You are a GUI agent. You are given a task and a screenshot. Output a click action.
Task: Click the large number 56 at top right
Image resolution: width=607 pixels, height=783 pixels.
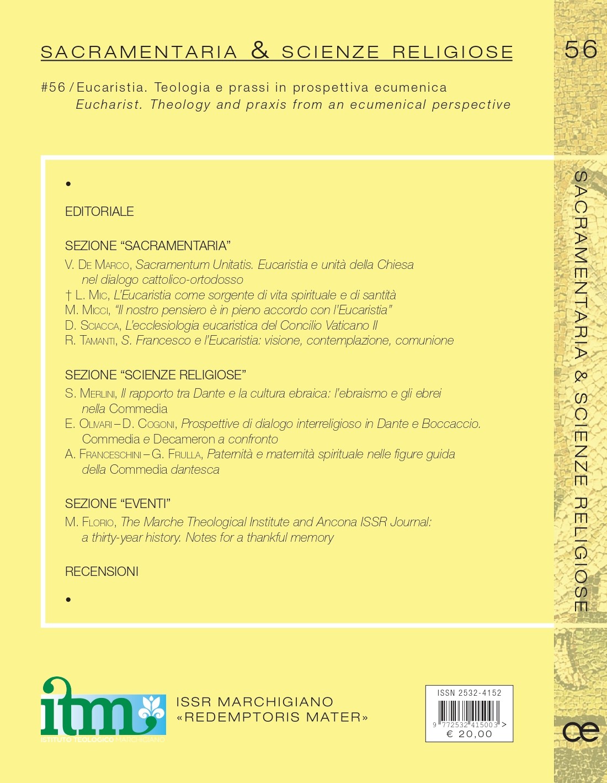coord(581,50)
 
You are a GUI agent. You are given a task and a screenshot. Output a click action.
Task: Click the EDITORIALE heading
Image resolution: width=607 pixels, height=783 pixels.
coord(99,211)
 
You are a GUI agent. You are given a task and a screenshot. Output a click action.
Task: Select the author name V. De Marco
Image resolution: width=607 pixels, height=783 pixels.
coord(97,265)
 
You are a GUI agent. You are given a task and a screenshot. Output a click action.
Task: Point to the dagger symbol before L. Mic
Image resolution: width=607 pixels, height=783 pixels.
coord(68,295)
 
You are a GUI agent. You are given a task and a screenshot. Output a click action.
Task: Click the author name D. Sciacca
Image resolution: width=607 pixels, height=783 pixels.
coord(92,326)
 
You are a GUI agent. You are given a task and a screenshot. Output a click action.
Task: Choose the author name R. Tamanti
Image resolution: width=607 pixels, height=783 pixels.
coord(90,341)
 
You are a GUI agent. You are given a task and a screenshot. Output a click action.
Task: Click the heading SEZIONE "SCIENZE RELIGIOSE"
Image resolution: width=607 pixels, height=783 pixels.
coord(155,375)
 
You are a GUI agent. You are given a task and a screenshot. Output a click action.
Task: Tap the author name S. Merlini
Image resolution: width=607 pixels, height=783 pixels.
coord(90,394)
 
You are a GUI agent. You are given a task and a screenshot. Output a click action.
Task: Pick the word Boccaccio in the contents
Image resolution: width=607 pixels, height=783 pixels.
coord(451,424)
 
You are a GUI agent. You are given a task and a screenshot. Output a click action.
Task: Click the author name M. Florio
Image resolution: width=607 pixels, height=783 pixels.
coord(90,522)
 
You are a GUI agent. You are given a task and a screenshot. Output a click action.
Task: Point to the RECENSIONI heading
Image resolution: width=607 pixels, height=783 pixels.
coord(102,572)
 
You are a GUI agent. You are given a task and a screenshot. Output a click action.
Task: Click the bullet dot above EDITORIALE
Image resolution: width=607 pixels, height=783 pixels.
coord(68,184)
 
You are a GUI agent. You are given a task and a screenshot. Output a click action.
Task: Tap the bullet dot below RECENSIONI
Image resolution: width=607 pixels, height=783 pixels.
coord(68,600)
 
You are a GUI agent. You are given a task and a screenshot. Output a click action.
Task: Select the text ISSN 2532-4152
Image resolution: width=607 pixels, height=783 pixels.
coord(469,693)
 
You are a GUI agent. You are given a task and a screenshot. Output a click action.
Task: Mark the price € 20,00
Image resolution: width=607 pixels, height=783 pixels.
coord(469,734)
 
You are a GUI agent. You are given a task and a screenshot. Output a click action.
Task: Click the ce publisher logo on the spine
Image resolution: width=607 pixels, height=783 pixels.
coord(581,732)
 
